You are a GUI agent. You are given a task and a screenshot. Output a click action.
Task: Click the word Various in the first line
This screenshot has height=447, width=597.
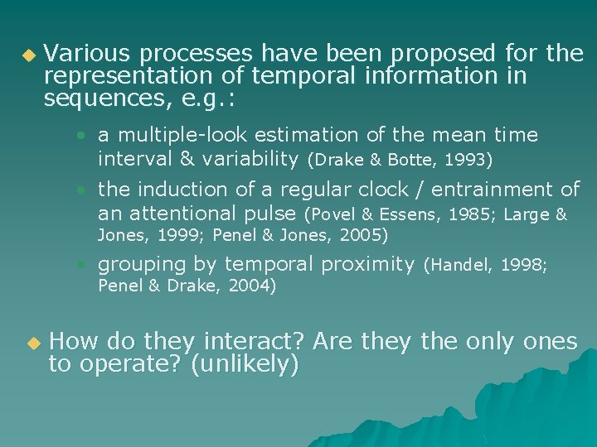click(87, 54)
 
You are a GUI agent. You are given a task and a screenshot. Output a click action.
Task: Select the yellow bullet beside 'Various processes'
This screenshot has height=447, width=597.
click(29, 55)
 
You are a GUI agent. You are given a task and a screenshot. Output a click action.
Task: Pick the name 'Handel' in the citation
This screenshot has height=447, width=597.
click(456, 266)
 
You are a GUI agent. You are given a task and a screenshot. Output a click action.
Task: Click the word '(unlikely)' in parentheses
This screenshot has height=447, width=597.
click(245, 365)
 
